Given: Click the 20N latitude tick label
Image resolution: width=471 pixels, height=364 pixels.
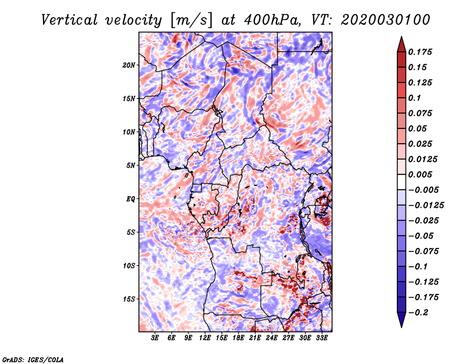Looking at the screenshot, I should tap(129, 65).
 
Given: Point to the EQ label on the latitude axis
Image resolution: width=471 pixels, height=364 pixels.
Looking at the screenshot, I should tap(130, 198).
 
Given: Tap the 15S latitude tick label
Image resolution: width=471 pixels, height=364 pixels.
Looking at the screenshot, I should tap(129, 299).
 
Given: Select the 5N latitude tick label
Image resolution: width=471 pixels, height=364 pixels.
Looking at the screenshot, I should tap(131, 165).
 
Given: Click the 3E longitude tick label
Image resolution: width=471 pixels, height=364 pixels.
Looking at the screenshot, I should tap(155, 338).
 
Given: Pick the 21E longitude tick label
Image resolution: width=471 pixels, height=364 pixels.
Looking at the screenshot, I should tap(255, 338).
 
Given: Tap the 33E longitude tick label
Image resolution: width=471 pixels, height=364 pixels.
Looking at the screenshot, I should tap(321, 338).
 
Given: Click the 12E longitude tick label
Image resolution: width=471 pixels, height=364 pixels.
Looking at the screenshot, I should tap(205, 338).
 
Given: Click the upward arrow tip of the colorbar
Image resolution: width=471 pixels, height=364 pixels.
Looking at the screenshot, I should tap(400, 38).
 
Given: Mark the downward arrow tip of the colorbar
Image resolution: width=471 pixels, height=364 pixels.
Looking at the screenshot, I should tap(400, 326).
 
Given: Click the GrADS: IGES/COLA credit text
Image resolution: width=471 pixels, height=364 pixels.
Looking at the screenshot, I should tap(32, 359).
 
